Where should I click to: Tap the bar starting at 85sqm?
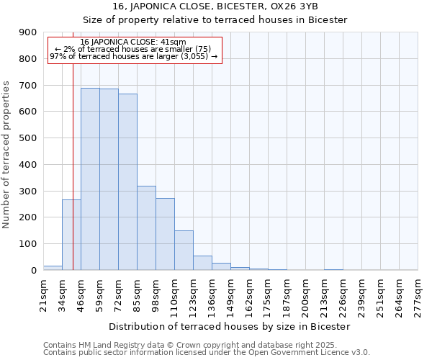146,228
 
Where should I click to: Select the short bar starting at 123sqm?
202,263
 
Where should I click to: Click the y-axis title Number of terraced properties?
6,155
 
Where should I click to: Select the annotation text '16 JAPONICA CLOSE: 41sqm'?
133,42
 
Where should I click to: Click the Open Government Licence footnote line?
206,353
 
